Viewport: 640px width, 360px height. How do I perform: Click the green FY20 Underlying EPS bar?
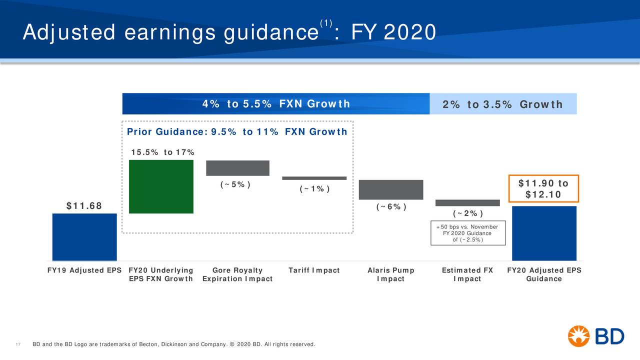click(161, 186)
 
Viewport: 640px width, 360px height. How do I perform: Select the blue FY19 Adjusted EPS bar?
click(84, 237)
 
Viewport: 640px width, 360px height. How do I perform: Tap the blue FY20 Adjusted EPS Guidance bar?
click(544, 233)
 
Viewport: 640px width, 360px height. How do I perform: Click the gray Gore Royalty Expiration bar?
click(237, 168)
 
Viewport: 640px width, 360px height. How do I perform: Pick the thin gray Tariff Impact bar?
click(314, 178)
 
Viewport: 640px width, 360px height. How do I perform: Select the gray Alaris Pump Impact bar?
click(391, 189)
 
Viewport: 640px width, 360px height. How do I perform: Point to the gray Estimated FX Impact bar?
click(467, 202)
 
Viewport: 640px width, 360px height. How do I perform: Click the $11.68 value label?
click(84, 206)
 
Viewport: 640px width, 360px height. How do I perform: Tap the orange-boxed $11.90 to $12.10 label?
click(543, 189)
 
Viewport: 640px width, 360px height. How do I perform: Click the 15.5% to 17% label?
click(162, 152)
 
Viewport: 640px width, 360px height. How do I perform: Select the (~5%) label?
click(235, 184)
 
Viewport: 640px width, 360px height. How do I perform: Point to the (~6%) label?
click(391, 207)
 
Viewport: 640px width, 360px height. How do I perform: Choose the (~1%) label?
click(314, 188)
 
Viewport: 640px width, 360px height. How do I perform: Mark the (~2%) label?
click(467, 214)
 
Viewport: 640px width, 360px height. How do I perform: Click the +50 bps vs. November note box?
click(468, 233)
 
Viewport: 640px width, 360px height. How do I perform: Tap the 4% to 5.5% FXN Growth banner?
click(275, 104)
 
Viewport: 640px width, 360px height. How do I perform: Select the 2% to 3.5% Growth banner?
click(502, 104)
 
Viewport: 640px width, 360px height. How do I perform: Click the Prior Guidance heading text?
click(237, 132)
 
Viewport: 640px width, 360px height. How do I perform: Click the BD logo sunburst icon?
click(579, 336)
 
